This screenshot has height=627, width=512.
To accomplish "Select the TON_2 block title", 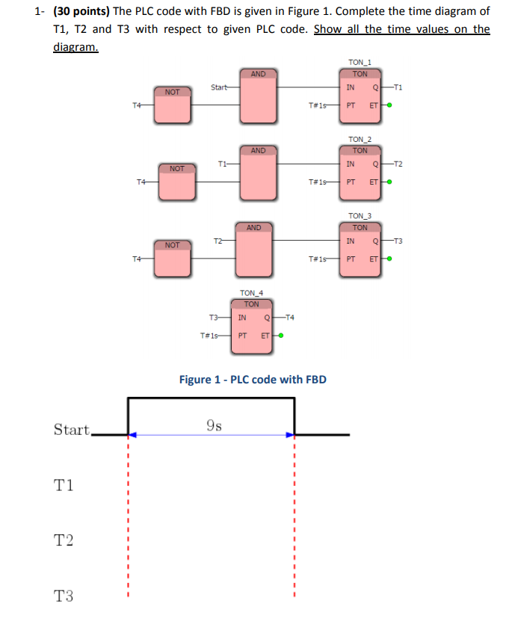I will click(360, 139).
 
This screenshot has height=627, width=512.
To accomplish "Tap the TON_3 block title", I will click(360, 216).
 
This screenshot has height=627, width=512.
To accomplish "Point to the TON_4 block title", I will click(251, 293).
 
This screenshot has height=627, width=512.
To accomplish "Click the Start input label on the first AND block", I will click(218, 87).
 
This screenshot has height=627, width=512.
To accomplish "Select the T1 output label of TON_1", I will click(398, 87).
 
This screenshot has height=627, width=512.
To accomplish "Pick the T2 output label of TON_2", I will click(398, 164).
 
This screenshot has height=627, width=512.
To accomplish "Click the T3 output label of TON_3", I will click(398, 241).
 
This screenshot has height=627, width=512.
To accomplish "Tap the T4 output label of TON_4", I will click(290, 318).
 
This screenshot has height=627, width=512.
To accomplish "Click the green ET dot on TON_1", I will click(389, 105).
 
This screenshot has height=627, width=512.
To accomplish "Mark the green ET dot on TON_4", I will click(280, 335).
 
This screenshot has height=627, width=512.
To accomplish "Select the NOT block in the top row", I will click(173, 104).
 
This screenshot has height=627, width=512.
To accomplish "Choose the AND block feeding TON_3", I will click(254, 249).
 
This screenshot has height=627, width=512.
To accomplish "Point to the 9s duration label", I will click(213, 426).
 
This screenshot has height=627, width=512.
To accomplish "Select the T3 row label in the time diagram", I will click(64, 596).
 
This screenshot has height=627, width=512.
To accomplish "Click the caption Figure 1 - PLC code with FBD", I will click(253, 380).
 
